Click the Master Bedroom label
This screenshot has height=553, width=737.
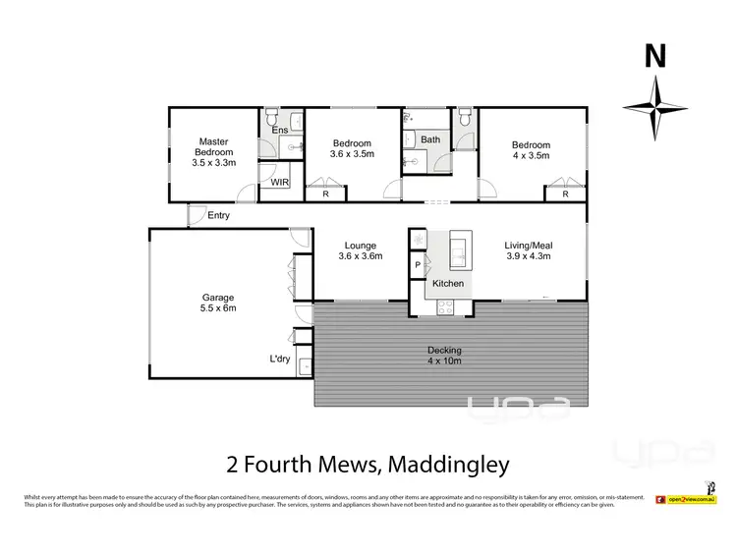[x=213, y=152]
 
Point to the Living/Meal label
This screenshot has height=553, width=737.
[x=528, y=250]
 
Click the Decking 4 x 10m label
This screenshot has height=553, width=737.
[x=444, y=356]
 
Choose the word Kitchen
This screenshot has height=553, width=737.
[x=448, y=284]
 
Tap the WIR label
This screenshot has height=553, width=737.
[x=280, y=183]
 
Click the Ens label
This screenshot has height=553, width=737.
[x=280, y=130]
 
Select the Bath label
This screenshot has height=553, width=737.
[x=430, y=139]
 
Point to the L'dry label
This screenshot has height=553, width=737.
[x=281, y=359]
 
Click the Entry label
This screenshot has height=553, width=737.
[x=219, y=215]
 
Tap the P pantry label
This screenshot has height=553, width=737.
[x=418, y=264]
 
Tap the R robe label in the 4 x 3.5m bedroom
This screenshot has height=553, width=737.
[x=565, y=194]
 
